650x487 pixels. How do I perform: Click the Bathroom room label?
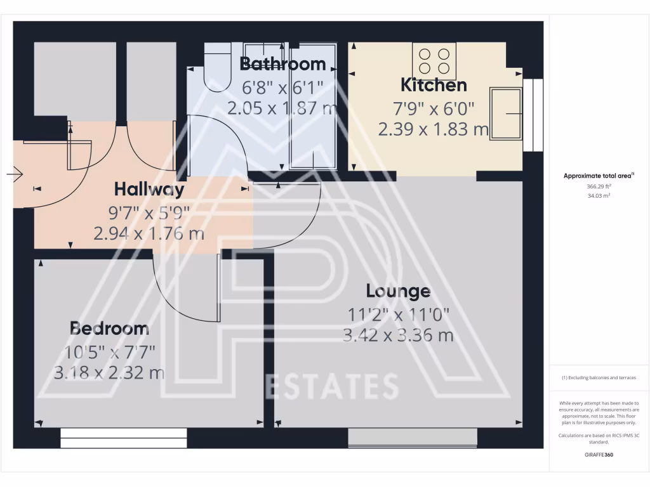(282, 64)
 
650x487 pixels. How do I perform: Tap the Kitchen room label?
(434, 85)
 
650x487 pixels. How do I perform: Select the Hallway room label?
(149, 189)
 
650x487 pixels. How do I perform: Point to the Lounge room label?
(398, 291)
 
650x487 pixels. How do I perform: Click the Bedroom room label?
(109, 328)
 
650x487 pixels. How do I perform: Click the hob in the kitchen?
(434, 61)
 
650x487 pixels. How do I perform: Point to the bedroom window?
(124, 434)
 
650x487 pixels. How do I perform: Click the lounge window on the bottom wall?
(413, 436)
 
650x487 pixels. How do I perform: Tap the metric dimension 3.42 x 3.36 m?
(398, 335)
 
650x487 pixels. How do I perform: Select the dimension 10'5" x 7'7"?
(109, 351)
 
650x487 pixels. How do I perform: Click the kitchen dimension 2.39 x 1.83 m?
(434, 130)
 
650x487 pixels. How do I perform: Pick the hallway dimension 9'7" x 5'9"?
(149, 212)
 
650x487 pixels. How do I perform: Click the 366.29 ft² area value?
(599, 187)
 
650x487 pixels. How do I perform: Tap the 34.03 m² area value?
(599, 196)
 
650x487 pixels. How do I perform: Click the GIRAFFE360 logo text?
(599, 455)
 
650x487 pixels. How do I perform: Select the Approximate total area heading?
(599, 176)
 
